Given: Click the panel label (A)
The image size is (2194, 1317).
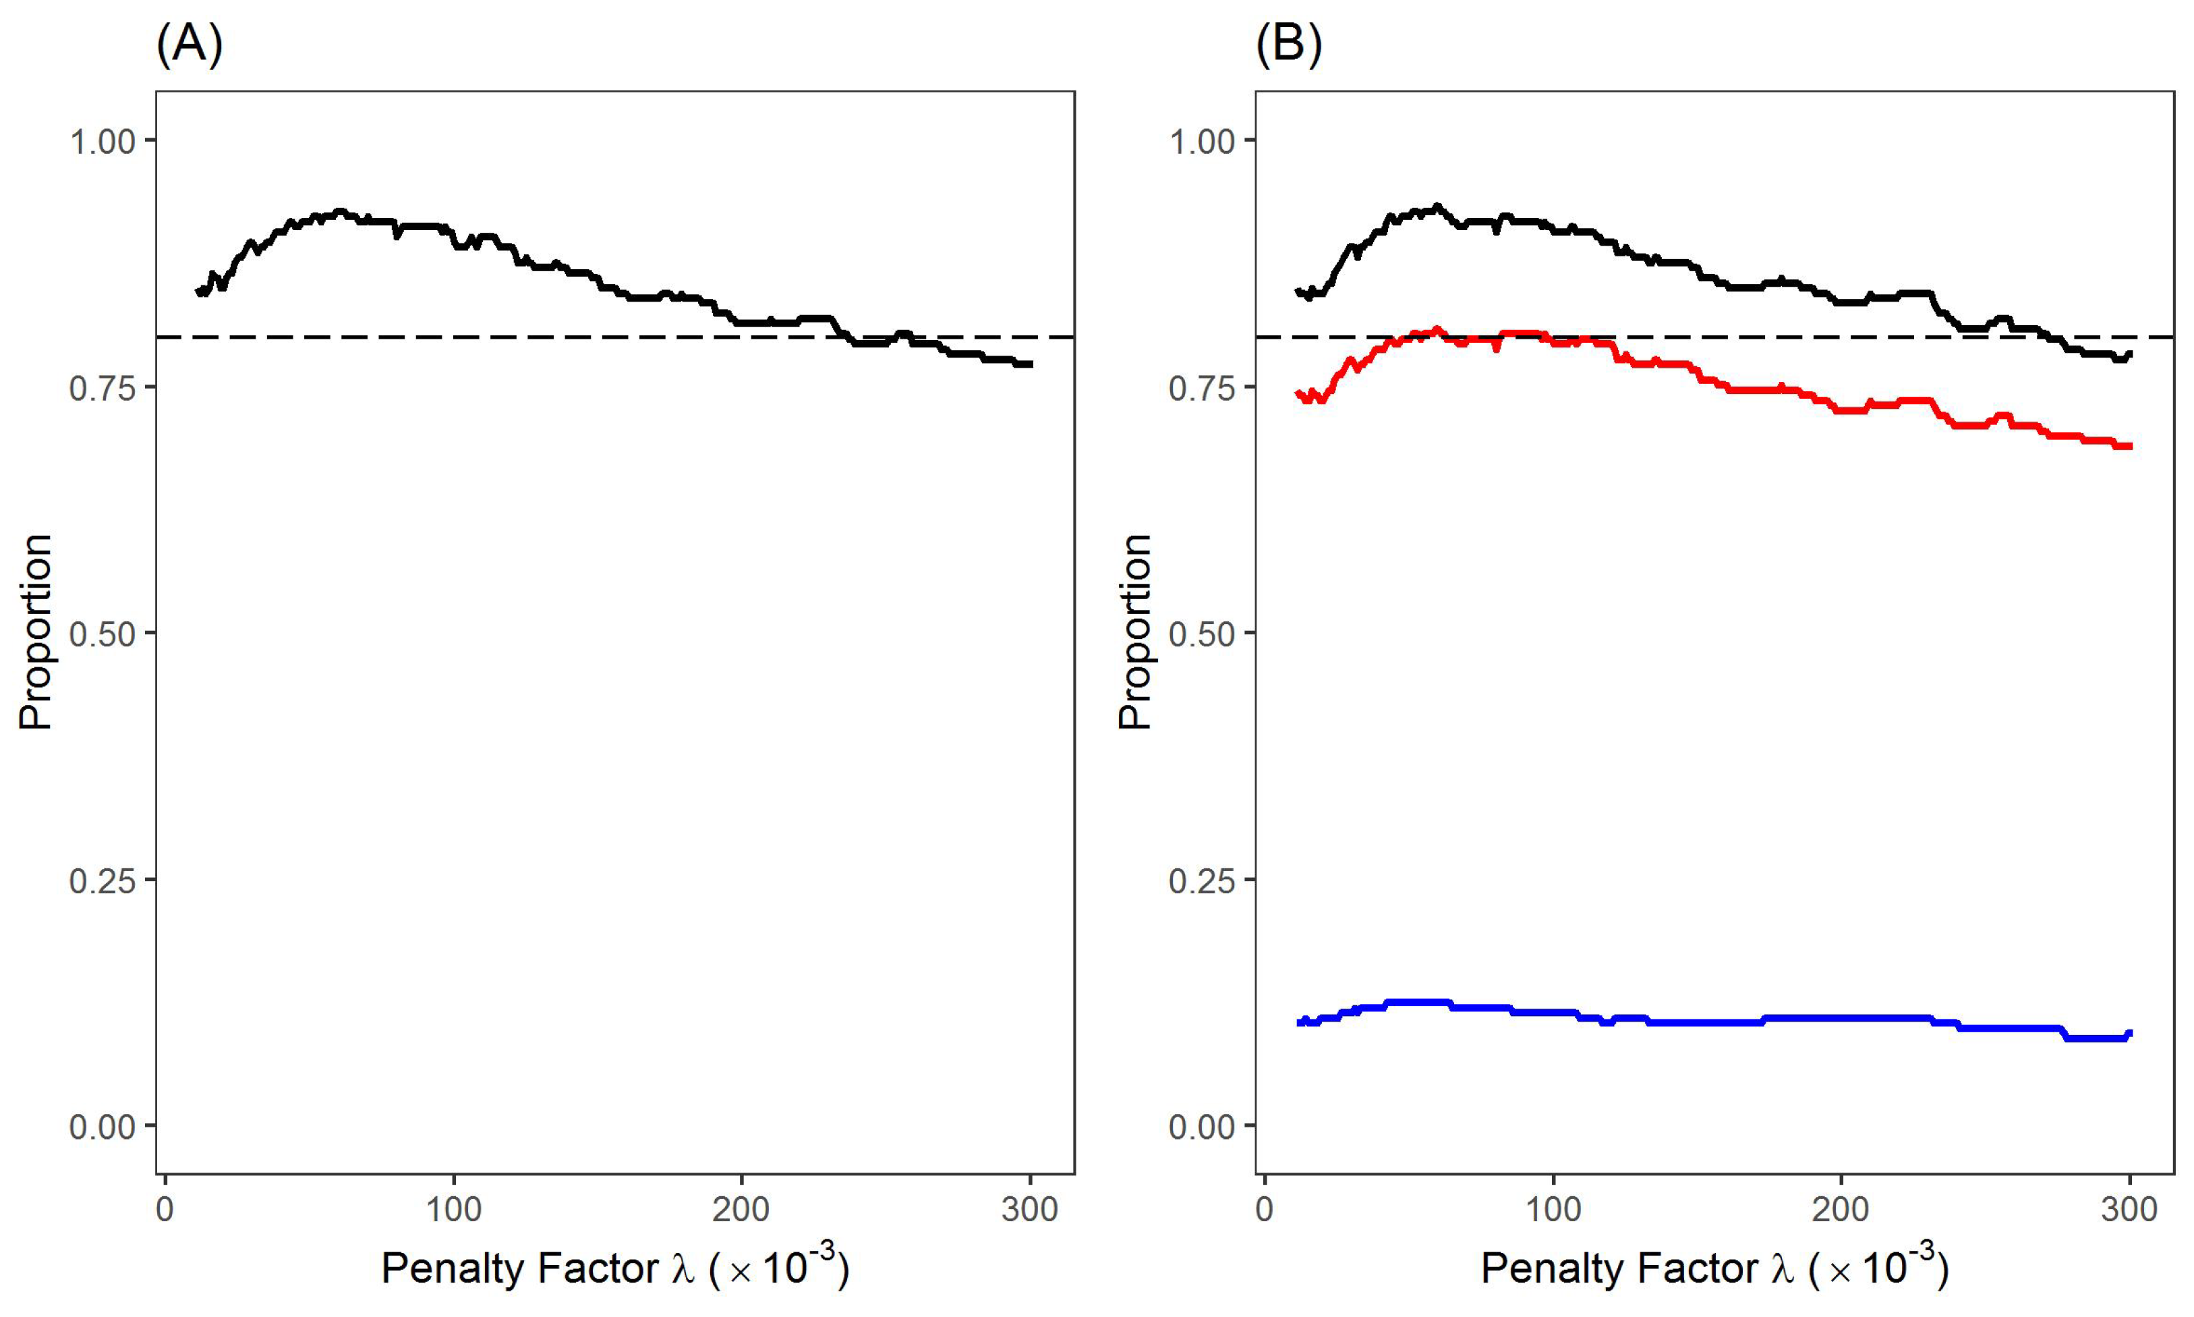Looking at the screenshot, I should (x=189, y=45).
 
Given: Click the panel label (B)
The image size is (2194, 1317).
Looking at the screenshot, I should (x=1288, y=45).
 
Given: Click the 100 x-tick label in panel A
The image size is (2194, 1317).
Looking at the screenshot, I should (x=453, y=1210).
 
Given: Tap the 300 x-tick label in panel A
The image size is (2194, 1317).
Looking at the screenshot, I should (x=1029, y=1210).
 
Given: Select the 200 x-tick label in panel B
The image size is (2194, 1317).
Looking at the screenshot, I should (x=1841, y=1210).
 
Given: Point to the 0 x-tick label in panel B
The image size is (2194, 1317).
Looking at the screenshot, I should (x=1264, y=1210).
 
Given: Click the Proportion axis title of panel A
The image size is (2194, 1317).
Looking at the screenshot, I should (x=36, y=632).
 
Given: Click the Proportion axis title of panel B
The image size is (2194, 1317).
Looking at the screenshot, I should (x=1134, y=632).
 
